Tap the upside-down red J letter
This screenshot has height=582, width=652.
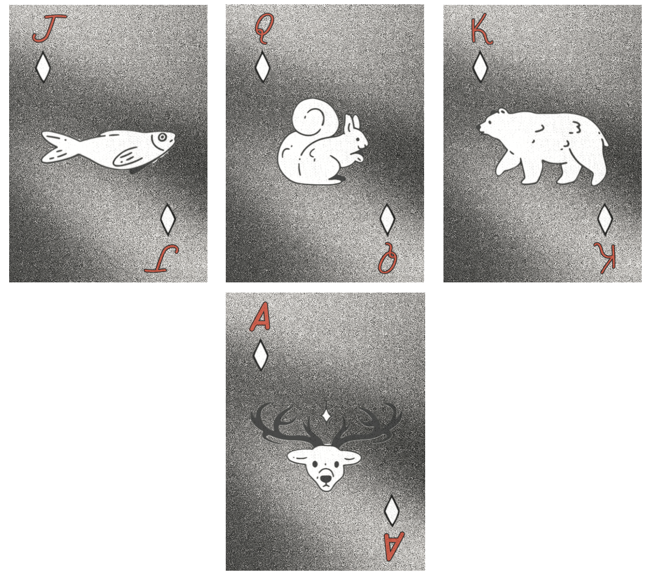click(162, 259)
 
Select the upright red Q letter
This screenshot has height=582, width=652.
click(264, 29)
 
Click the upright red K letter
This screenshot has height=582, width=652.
click(481, 30)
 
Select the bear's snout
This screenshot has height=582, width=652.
click(483, 127)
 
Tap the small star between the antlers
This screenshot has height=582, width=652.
click(325, 415)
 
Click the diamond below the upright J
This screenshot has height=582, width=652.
click(43, 67)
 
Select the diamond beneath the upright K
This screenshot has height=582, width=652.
click(480, 67)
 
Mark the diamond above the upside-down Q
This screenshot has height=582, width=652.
click(387, 219)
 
